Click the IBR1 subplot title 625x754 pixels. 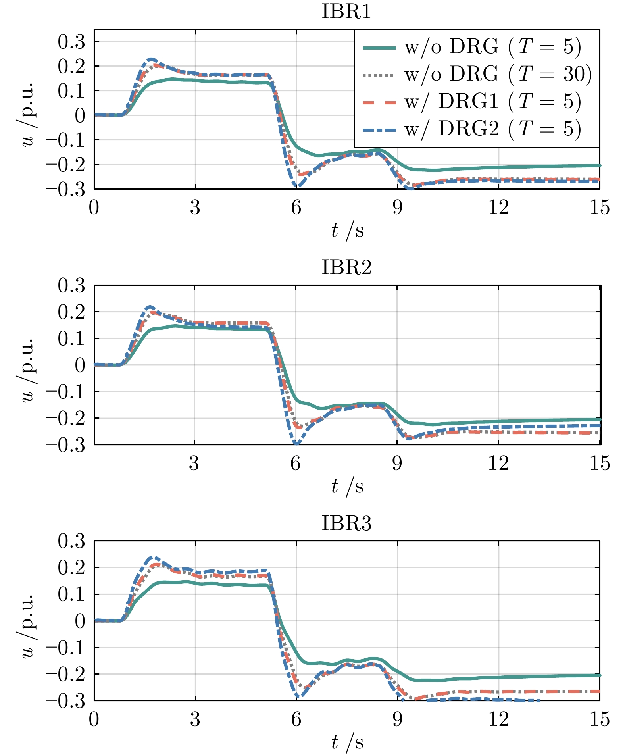[x=346, y=12]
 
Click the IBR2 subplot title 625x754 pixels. [x=346, y=267]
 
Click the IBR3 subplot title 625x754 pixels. [x=346, y=523]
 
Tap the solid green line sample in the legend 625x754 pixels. [x=379, y=47]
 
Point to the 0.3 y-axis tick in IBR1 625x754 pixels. [x=71, y=42]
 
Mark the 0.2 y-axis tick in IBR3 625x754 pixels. [x=71, y=568]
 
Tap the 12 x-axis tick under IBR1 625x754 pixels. [x=498, y=207]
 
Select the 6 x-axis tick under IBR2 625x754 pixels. [x=296, y=463]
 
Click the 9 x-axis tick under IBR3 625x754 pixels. [x=397, y=719]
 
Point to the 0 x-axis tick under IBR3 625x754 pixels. [x=94, y=719]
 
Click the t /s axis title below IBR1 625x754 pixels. [x=347, y=230]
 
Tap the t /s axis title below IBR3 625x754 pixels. [x=347, y=742]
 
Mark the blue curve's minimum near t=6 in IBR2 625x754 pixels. [x=296, y=444]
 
